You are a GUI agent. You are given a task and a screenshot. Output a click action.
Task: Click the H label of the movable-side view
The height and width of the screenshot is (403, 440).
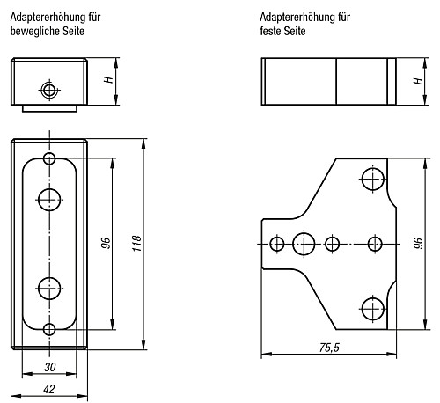click(x=108, y=80)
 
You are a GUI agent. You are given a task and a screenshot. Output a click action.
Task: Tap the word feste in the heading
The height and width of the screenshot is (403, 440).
click(x=273, y=31)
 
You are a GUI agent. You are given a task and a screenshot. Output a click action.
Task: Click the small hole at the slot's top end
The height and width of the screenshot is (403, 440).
click(x=49, y=158)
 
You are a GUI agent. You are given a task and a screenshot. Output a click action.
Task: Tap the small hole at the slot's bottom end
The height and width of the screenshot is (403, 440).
click(x=49, y=329)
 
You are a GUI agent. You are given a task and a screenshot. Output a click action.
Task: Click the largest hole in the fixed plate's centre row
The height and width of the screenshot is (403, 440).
click(x=304, y=244)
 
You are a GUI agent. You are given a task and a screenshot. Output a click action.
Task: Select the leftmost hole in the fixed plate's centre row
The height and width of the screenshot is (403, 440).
click(x=278, y=244)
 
